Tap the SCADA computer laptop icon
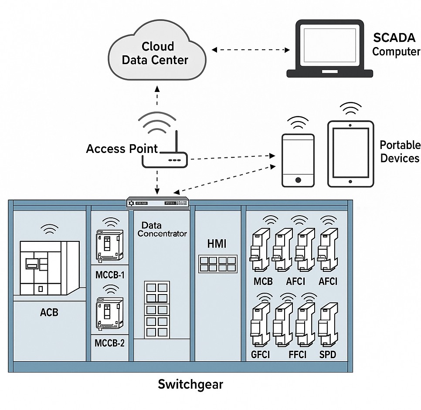click(329, 48)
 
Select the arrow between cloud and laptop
click(251, 50)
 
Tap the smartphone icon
click(298, 160)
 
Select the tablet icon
click(350, 154)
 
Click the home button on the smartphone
click(298, 180)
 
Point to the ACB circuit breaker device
click(49, 267)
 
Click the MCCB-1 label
click(110, 275)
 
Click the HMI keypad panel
click(217, 264)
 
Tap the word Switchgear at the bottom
click(190, 384)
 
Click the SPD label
click(327, 354)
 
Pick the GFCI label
click(260, 354)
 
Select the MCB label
click(263, 281)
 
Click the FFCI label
click(298, 354)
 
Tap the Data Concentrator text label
click(162, 229)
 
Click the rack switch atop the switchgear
click(158, 203)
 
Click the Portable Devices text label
click(400, 151)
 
